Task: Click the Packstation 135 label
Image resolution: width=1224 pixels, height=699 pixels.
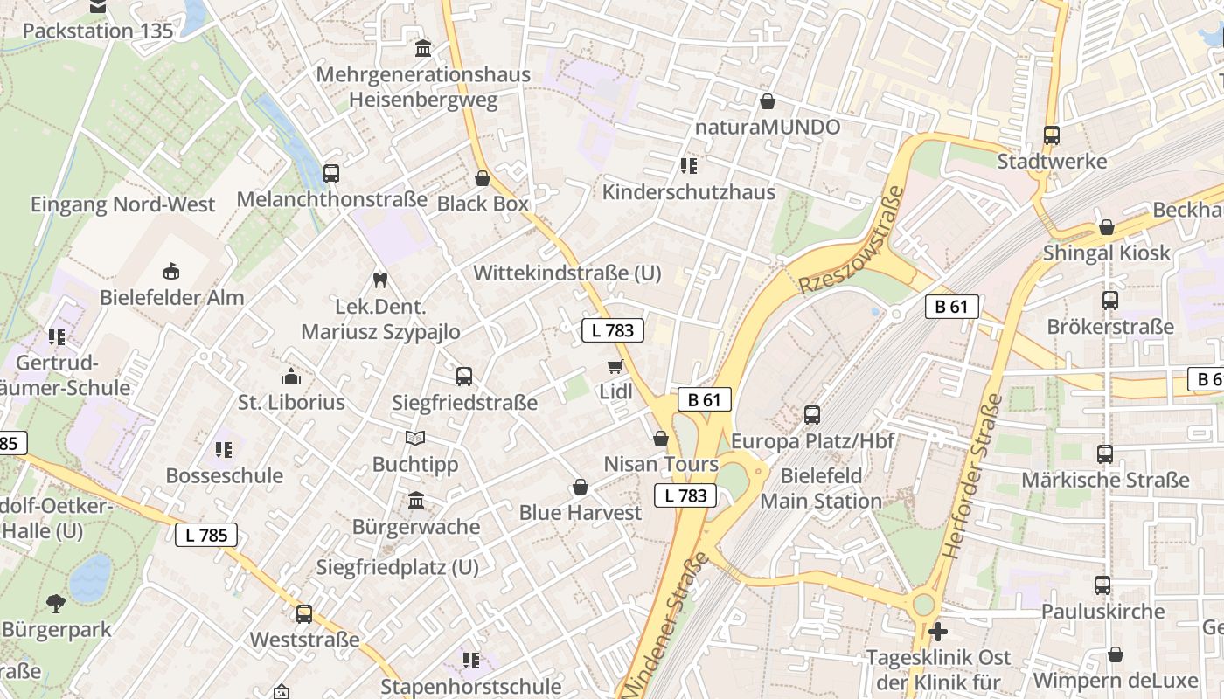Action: click(x=98, y=31)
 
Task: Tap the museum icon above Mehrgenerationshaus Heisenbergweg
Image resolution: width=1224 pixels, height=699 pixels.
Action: click(x=423, y=48)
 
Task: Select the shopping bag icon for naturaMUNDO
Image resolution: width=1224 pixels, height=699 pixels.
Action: click(x=768, y=101)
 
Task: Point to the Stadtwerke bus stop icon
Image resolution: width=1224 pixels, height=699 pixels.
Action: click(x=1052, y=135)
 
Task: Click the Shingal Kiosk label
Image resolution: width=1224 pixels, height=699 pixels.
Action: click(x=1106, y=253)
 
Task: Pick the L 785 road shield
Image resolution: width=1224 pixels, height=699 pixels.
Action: click(x=206, y=535)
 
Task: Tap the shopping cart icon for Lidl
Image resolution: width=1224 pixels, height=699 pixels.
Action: click(x=615, y=366)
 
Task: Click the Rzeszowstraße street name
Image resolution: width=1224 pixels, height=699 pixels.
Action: click(x=850, y=240)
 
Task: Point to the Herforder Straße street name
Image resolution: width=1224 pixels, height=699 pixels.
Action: click(x=971, y=476)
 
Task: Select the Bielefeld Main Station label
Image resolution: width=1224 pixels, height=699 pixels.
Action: click(x=821, y=488)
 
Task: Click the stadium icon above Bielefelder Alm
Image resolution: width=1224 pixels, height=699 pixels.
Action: click(x=171, y=271)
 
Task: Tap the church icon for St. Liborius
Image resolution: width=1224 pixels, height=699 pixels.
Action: click(x=291, y=377)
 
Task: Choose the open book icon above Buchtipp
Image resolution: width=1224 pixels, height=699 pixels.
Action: click(x=415, y=438)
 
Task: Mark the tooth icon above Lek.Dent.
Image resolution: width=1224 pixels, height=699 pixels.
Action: click(x=379, y=280)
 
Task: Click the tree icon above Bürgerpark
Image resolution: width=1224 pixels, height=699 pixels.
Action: click(x=56, y=603)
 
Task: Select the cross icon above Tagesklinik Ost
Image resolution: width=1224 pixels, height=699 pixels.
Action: click(x=938, y=631)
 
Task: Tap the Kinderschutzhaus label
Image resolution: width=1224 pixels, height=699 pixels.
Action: click(x=689, y=192)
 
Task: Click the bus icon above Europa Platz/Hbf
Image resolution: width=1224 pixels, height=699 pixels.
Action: click(x=812, y=415)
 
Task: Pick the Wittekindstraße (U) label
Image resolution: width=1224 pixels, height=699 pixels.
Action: click(x=567, y=273)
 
